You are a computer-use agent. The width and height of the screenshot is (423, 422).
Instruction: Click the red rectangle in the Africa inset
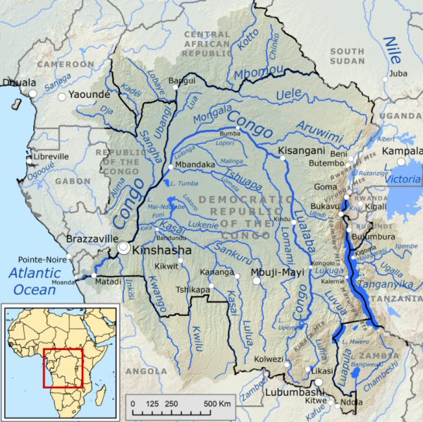point(63,367)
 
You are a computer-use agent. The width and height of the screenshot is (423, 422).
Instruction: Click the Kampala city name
point(402,152)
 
